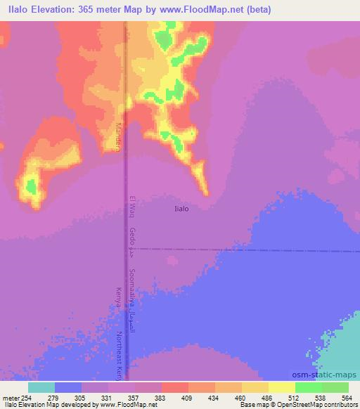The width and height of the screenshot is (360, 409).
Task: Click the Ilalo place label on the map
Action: [181, 208]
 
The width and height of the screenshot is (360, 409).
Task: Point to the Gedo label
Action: [132, 239]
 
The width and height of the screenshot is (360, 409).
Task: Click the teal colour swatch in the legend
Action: [41, 387]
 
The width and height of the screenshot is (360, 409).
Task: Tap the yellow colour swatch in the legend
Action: [282, 387]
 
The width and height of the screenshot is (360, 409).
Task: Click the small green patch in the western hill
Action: [31, 186]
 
